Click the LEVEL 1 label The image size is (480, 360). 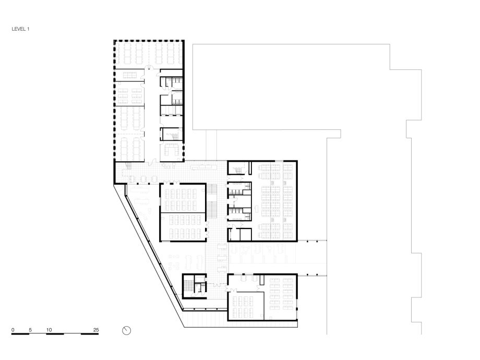[x=20, y=29]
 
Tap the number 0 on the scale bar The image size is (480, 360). [x=13, y=330]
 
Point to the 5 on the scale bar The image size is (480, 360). [x=30, y=330]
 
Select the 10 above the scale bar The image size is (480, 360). [x=49, y=330]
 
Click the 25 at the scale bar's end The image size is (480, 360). [x=96, y=330]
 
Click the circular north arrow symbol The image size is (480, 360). [x=126, y=331]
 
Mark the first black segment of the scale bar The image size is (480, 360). [x=20, y=334]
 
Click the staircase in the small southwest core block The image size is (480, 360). [x=187, y=286]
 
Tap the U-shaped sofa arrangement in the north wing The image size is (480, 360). [x=172, y=150]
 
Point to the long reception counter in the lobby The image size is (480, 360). [x=202, y=167]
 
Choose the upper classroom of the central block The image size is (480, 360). [x=183, y=198]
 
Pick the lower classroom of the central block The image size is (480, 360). [x=183, y=226]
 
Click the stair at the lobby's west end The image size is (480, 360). [x=128, y=166]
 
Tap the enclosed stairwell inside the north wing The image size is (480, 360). [x=172, y=134]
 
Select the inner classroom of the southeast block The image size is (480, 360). [x=246, y=306]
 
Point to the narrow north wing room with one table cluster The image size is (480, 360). [x=129, y=75]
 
